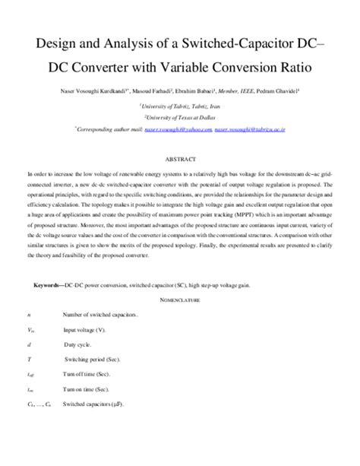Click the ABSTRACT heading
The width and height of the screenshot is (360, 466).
point(179,159)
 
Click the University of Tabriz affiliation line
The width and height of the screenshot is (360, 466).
point(179,106)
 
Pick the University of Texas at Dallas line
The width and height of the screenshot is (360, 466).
point(179,118)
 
